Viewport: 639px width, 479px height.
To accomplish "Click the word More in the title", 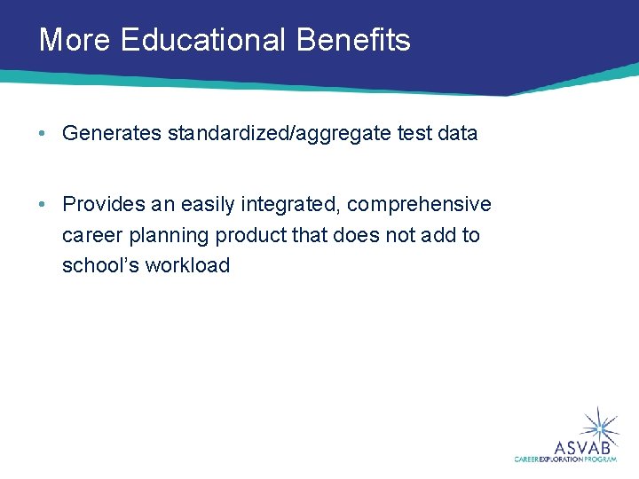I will [x=75, y=40].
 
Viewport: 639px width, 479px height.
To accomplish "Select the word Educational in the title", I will [x=203, y=40].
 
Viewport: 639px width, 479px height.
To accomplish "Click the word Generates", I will [x=111, y=134].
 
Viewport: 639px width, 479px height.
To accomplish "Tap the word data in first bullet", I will [x=456, y=134].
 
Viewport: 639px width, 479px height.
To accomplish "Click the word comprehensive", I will [x=419, y=205].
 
